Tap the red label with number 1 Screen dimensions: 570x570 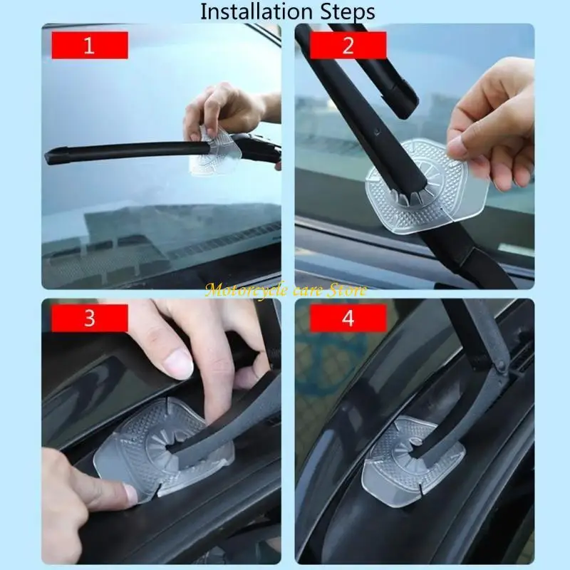click(x=89, y=46)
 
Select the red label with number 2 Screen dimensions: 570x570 click(x=348, y=46)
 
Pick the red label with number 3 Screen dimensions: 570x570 click(x=89, y=318)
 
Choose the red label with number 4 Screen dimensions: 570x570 click(x=348, y=318)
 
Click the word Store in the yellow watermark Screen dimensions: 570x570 click(x=347, y=290)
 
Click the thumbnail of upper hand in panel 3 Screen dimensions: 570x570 click(x=177, y=364)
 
